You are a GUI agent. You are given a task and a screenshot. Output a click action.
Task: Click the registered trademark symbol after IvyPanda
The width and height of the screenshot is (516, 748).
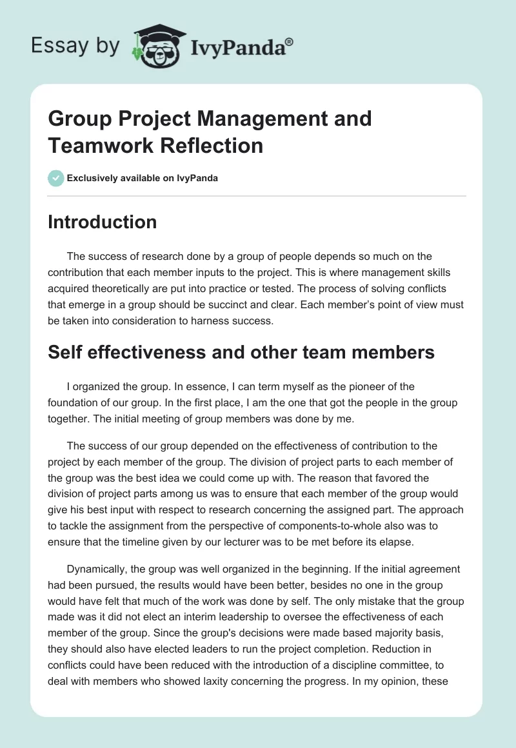tap(289, 43)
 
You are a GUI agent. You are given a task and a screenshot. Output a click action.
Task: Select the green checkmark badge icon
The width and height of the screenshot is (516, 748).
tap(56, 178)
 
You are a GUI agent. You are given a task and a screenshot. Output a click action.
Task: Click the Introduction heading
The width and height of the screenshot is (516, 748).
tap(102, 222)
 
